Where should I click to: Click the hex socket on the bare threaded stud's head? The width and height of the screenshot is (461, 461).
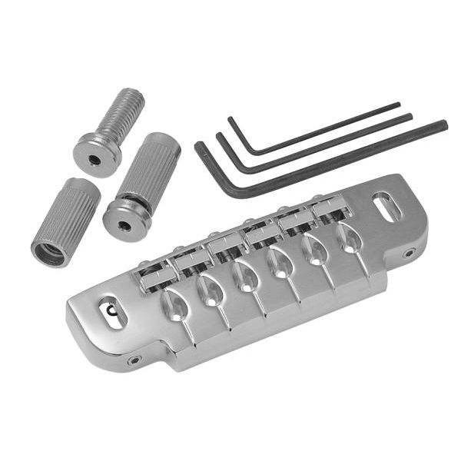[95, 160]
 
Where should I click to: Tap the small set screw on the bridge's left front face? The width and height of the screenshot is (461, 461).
[135, 360]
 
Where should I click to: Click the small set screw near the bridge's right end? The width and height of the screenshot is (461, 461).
[409, 252]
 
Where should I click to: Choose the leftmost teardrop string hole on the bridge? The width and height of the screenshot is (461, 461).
[173, 305]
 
